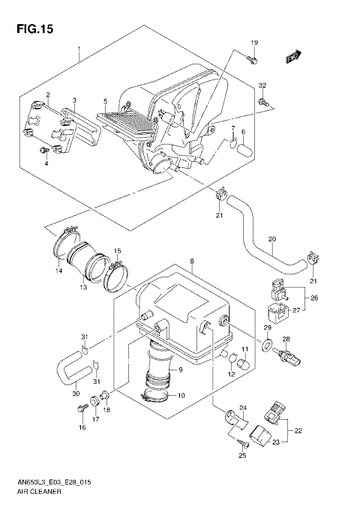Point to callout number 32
262,85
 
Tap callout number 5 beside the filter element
105,100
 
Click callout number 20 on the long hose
272,240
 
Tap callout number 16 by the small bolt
82,427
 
